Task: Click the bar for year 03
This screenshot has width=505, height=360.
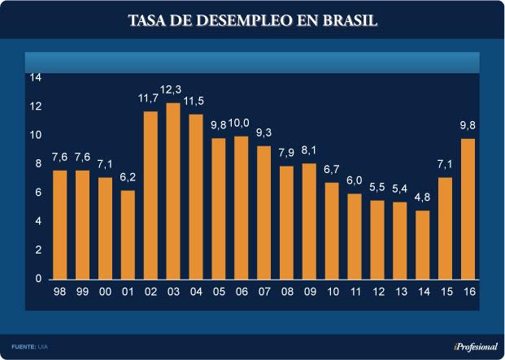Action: (x=173, y=191)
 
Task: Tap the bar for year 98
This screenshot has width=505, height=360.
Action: (x=60, y=224)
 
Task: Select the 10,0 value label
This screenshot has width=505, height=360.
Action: (x=242, y=124)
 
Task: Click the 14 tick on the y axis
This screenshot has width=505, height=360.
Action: (x=36, y=77)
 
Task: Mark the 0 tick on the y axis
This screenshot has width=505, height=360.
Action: (x=38, y=279)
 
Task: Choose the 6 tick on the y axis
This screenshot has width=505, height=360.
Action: (x=38, y=193)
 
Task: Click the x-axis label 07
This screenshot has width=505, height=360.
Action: (x=263, y=291)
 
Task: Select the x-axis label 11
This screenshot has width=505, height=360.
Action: (x=354, y=291)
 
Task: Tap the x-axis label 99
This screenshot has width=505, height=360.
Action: (x=83, y=291)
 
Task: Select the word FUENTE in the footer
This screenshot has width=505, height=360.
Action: (x=23, y=347)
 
